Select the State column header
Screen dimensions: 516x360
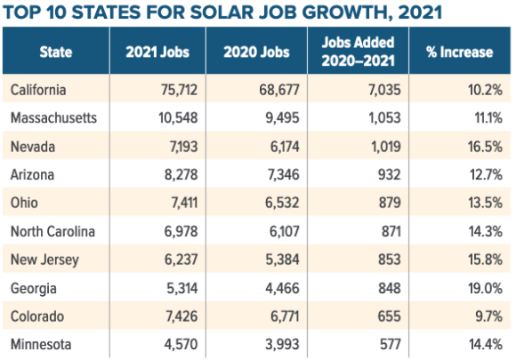coord(56,52)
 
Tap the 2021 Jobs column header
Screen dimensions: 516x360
coord(157,52)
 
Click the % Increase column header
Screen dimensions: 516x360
coord(460,52)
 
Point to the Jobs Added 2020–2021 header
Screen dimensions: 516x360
coord(358,52)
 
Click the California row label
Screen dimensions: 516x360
coord(38,90)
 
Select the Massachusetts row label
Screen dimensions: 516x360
coord(53,117)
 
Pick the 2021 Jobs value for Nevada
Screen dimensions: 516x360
coord(183,147)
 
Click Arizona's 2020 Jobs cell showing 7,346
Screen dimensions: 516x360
coord(283,174)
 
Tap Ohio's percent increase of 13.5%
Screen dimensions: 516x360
coord(486,203)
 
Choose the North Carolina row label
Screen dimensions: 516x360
coord(52,231)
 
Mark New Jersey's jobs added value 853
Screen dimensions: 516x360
coord(390,260)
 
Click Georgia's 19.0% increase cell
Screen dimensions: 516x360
coord(486,288)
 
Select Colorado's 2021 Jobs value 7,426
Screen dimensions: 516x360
coord(181,316)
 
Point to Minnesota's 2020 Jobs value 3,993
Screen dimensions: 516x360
coord(282,344)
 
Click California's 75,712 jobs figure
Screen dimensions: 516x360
coord(180,90)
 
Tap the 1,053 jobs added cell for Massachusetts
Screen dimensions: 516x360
coord(384,117)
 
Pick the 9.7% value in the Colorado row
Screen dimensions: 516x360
coord(488,316)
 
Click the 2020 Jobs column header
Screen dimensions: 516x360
coord(257,52)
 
